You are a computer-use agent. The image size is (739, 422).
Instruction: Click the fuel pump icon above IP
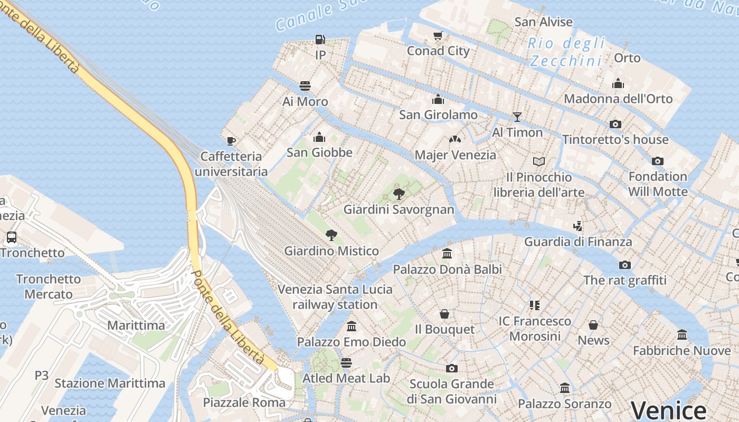pyautogui.click(x=320, y=39)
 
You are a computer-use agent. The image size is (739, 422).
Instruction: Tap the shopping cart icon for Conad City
pyautogui.click(x=438, y=35)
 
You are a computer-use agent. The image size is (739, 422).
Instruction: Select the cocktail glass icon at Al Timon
pyautogui.click(x=517, y=117)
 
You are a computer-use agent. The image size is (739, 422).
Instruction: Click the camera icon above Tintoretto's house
pyautogui.click(x=615, y=124)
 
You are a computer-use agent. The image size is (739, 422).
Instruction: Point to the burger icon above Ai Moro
pyautogui.click(x=305, y=85)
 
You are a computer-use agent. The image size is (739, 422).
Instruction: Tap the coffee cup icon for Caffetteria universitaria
pyautogui.click(x=231, y=140)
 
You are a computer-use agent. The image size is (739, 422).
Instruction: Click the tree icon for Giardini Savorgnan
pyautogui.click(x=399, y=194)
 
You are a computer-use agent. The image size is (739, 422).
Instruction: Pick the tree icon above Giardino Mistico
pyautogui.click(x=331, y=235)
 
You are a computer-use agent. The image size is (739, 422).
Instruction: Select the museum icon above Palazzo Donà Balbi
pyautogui.click(x=448, y=254)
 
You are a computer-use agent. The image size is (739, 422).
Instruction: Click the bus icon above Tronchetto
pyautogui.click(x=12, y=237)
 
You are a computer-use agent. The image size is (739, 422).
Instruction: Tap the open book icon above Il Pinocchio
pyautogui.click(x=538, y=161)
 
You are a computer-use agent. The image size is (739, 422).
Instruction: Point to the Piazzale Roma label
pyautogui.click(x=244, y=402)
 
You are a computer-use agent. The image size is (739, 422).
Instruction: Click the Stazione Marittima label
pyautogui.click(x=110, y=383)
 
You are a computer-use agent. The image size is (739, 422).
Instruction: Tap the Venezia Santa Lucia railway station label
pyautogui.click(x=335, y=296)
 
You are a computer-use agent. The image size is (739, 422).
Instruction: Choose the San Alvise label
pyautogui.click(x=543, y=22)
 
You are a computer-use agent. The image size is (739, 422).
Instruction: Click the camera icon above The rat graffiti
pyautogui.click(x=625, y=265)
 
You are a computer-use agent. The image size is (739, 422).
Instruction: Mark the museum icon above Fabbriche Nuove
pyautogui.click(x=682, y=335)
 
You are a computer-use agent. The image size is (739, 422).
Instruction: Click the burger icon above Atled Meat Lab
pyautogui.click(x=346, y=362)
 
